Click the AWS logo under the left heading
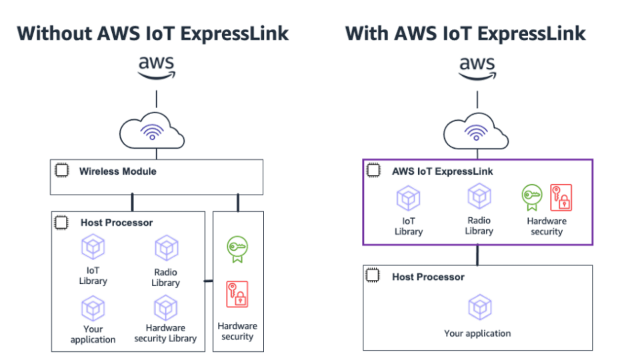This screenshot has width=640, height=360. click(156, 67)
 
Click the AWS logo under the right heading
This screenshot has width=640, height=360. click(477, 67)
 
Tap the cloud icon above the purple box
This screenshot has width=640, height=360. click(477, 131)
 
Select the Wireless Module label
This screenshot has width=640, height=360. click(117, 171)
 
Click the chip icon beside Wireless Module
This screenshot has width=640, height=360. click(61, 171)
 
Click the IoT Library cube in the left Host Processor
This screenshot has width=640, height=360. click(93, 247)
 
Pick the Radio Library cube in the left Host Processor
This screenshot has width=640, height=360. click(166, 249)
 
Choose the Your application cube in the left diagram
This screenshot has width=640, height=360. click(93, 308)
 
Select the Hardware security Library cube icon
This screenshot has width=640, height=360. click(166, 308)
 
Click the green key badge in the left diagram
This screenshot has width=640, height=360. click(237, 247)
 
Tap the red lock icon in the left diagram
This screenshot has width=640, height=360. click(237, 293)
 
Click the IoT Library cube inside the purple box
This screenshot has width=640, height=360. click(408, 199)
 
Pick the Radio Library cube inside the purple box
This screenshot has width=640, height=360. click(479, 197)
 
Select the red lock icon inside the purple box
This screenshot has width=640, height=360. click(561, 197)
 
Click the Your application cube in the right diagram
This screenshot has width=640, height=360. click(479, 307)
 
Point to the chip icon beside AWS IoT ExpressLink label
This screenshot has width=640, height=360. click(373, 171)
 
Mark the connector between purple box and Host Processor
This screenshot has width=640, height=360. click(478, 255)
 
